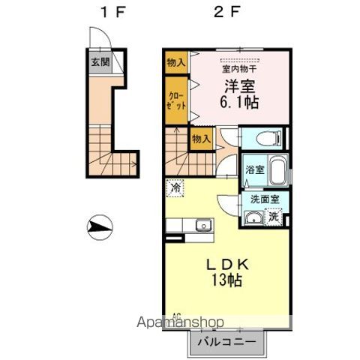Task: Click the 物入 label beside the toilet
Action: (200, 139)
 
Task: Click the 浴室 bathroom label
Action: (253, 169)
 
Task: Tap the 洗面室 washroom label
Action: (264, 201)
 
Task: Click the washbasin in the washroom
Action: (255, 217)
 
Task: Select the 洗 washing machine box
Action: (274, 217)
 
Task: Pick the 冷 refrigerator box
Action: (174, 188)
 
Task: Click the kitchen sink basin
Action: (202, 226)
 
